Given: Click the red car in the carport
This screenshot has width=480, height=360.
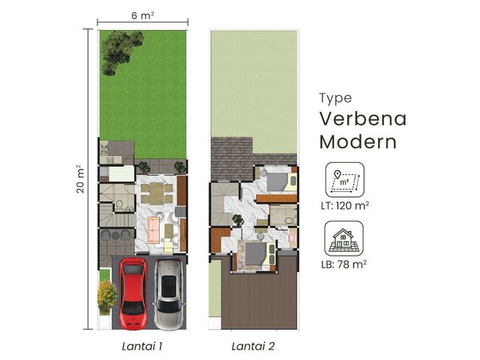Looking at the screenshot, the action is click(133, 293).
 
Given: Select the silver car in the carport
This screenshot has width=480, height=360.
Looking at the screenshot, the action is click(169, 293).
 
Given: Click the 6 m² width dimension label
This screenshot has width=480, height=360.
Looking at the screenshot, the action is click(142, 15).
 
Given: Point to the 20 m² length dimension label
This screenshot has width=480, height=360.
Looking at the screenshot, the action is click(80, 179).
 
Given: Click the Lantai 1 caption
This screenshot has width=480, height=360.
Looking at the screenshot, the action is click(142, 346).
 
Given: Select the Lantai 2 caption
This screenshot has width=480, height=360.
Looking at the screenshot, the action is click(253, 346).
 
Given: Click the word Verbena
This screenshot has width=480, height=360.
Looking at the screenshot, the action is click(363, 118).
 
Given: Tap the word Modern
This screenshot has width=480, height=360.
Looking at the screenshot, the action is click(358, 142).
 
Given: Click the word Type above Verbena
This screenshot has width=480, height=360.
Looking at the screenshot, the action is click(335, 98).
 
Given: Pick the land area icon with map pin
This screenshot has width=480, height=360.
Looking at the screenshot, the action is click(345, 180).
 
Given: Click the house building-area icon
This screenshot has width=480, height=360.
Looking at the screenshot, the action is click(343, 238).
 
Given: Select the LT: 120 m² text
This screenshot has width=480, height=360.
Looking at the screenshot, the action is click(345, 205).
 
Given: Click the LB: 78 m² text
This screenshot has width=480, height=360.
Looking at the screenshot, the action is click(343, 264).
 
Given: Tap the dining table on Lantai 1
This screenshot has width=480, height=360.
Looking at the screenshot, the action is click(157, 193).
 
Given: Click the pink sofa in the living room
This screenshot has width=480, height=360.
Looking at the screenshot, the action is click(153, 229).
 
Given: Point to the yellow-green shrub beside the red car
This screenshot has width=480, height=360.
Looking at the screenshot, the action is click(106, 297).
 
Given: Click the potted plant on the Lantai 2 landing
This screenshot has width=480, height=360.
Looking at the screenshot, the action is click(238, 220).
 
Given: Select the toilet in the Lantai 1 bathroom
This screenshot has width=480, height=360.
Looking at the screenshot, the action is click(119, 205).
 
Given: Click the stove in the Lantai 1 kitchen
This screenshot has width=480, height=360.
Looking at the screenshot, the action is click(104, 149).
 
